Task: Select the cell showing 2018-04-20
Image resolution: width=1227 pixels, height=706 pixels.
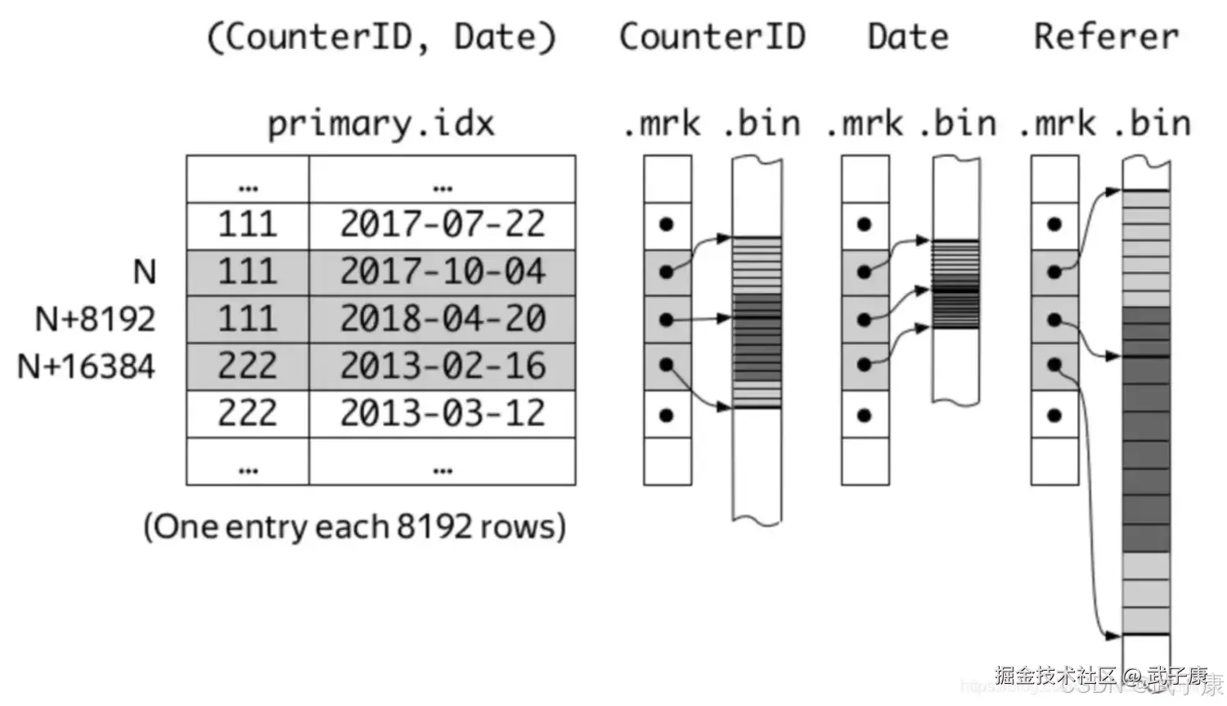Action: [x=443, y=319]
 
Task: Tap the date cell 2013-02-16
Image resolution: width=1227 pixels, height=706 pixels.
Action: [x=443, y=366]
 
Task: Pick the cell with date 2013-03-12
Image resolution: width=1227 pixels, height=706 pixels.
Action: [x=443, y=413]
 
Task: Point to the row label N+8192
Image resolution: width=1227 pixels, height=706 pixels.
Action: [x=95, y=319]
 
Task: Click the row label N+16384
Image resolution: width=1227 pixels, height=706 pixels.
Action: [x=86, y=366]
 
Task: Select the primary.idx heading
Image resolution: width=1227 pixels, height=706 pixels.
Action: [x=381, y=124]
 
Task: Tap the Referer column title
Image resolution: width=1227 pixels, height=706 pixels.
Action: [x=1106, y=37]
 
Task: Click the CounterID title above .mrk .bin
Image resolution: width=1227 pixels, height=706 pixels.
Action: [x=712, y=37]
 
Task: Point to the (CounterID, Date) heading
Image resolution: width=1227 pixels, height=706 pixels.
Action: [x=381, y=38]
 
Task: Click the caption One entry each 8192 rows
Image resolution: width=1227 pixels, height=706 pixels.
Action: [x=354, y=526]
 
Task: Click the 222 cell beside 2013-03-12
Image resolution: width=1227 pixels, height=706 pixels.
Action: [x=247, y=413]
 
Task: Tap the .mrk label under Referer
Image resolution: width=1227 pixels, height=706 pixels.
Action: [x=1056, y=124]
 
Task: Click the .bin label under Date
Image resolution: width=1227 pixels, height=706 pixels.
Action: [x=957, y=124]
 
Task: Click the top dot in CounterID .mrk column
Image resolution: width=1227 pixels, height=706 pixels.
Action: [x=667, y=224]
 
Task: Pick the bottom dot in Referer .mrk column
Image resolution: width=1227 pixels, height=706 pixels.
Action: [x=1054, y=416]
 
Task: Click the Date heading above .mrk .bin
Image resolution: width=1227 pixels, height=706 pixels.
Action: [x=908, y=37]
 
